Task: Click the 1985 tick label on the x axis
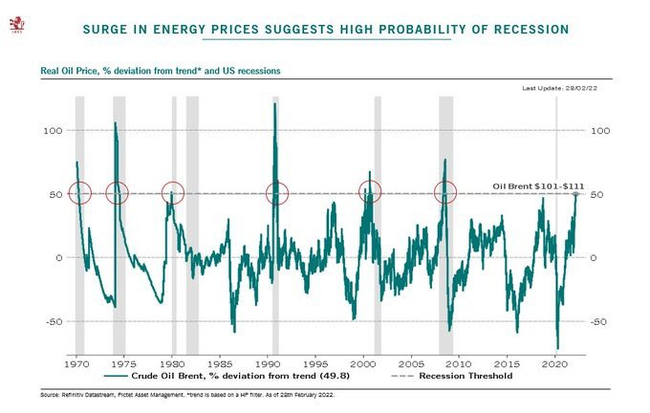(x=220, y=364)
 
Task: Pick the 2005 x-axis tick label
(x=412, y=364)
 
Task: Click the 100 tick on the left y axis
(x=55, y=130)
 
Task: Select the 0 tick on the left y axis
(x=60, y=258)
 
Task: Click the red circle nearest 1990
(x=277, y=193)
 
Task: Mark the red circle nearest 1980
(x=172, y=193)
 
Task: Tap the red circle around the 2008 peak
(x=445, y=193)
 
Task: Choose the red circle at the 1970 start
(x=78, y=193)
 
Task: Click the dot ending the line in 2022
(x=575, y=194)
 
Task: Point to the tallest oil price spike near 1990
(x=275, y=104)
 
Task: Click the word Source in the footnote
(x=53, y=394)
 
